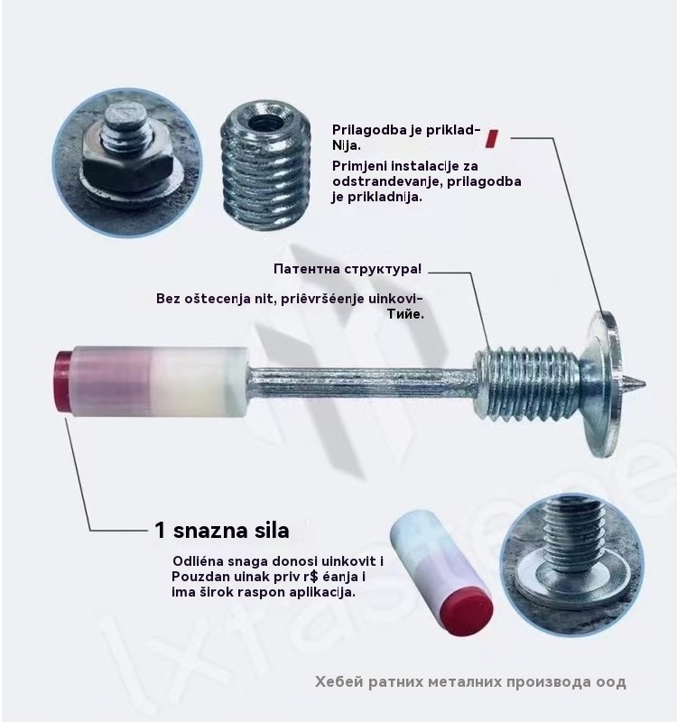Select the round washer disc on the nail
point(605,384)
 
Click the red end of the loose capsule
point(468,614)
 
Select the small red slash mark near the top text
point(492,138)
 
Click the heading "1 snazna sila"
point(222,531)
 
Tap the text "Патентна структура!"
point(348,269)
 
